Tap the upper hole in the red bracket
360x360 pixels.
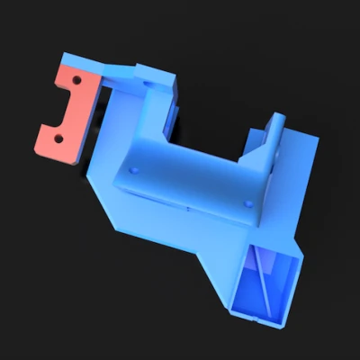[x=77, y=81]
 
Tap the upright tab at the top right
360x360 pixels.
[x=273, y=135]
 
